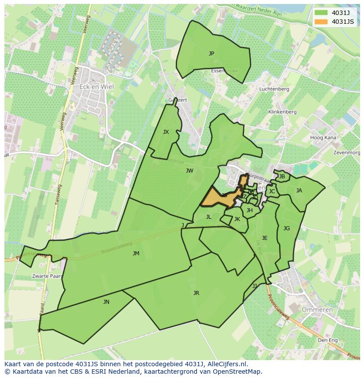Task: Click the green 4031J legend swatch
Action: (321, 13)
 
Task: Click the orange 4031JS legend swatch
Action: (321, 22)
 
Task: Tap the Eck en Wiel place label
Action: (96, 87)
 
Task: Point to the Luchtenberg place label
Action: (274, 89)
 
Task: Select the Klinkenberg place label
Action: (282, 112)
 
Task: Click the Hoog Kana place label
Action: (323, 138)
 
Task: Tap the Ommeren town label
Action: (317, 310)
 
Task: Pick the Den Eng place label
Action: (328, 340)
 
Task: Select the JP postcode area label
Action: (211, 54)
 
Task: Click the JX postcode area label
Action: (166, 132)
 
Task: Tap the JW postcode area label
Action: (189, 171)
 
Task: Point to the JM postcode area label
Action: (136, 254)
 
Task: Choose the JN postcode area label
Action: (106, 302)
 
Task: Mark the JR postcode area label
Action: (196, 293)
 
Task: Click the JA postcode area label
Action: (299, 191)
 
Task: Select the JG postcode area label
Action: (287, 228)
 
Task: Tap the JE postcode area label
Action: (265, 238)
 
